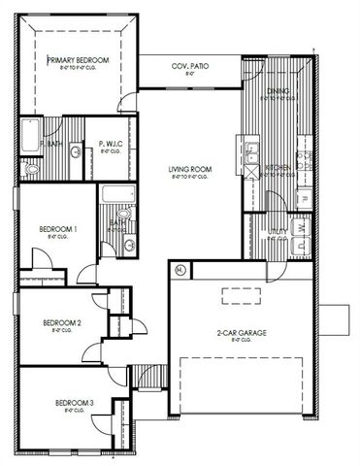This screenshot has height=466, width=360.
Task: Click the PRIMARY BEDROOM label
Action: [x=79, y=60]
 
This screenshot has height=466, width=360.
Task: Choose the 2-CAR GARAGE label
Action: [x=242, y=333]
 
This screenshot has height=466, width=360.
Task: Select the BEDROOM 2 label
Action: [x=61, y=322]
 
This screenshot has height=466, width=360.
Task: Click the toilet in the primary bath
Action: [x=29, y=168]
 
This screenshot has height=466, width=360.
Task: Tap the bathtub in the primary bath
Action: [x=28, y=136]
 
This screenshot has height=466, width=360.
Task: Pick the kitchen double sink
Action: [x=251, y=152]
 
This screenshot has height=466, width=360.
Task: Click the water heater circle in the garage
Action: [x=180, y=269]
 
